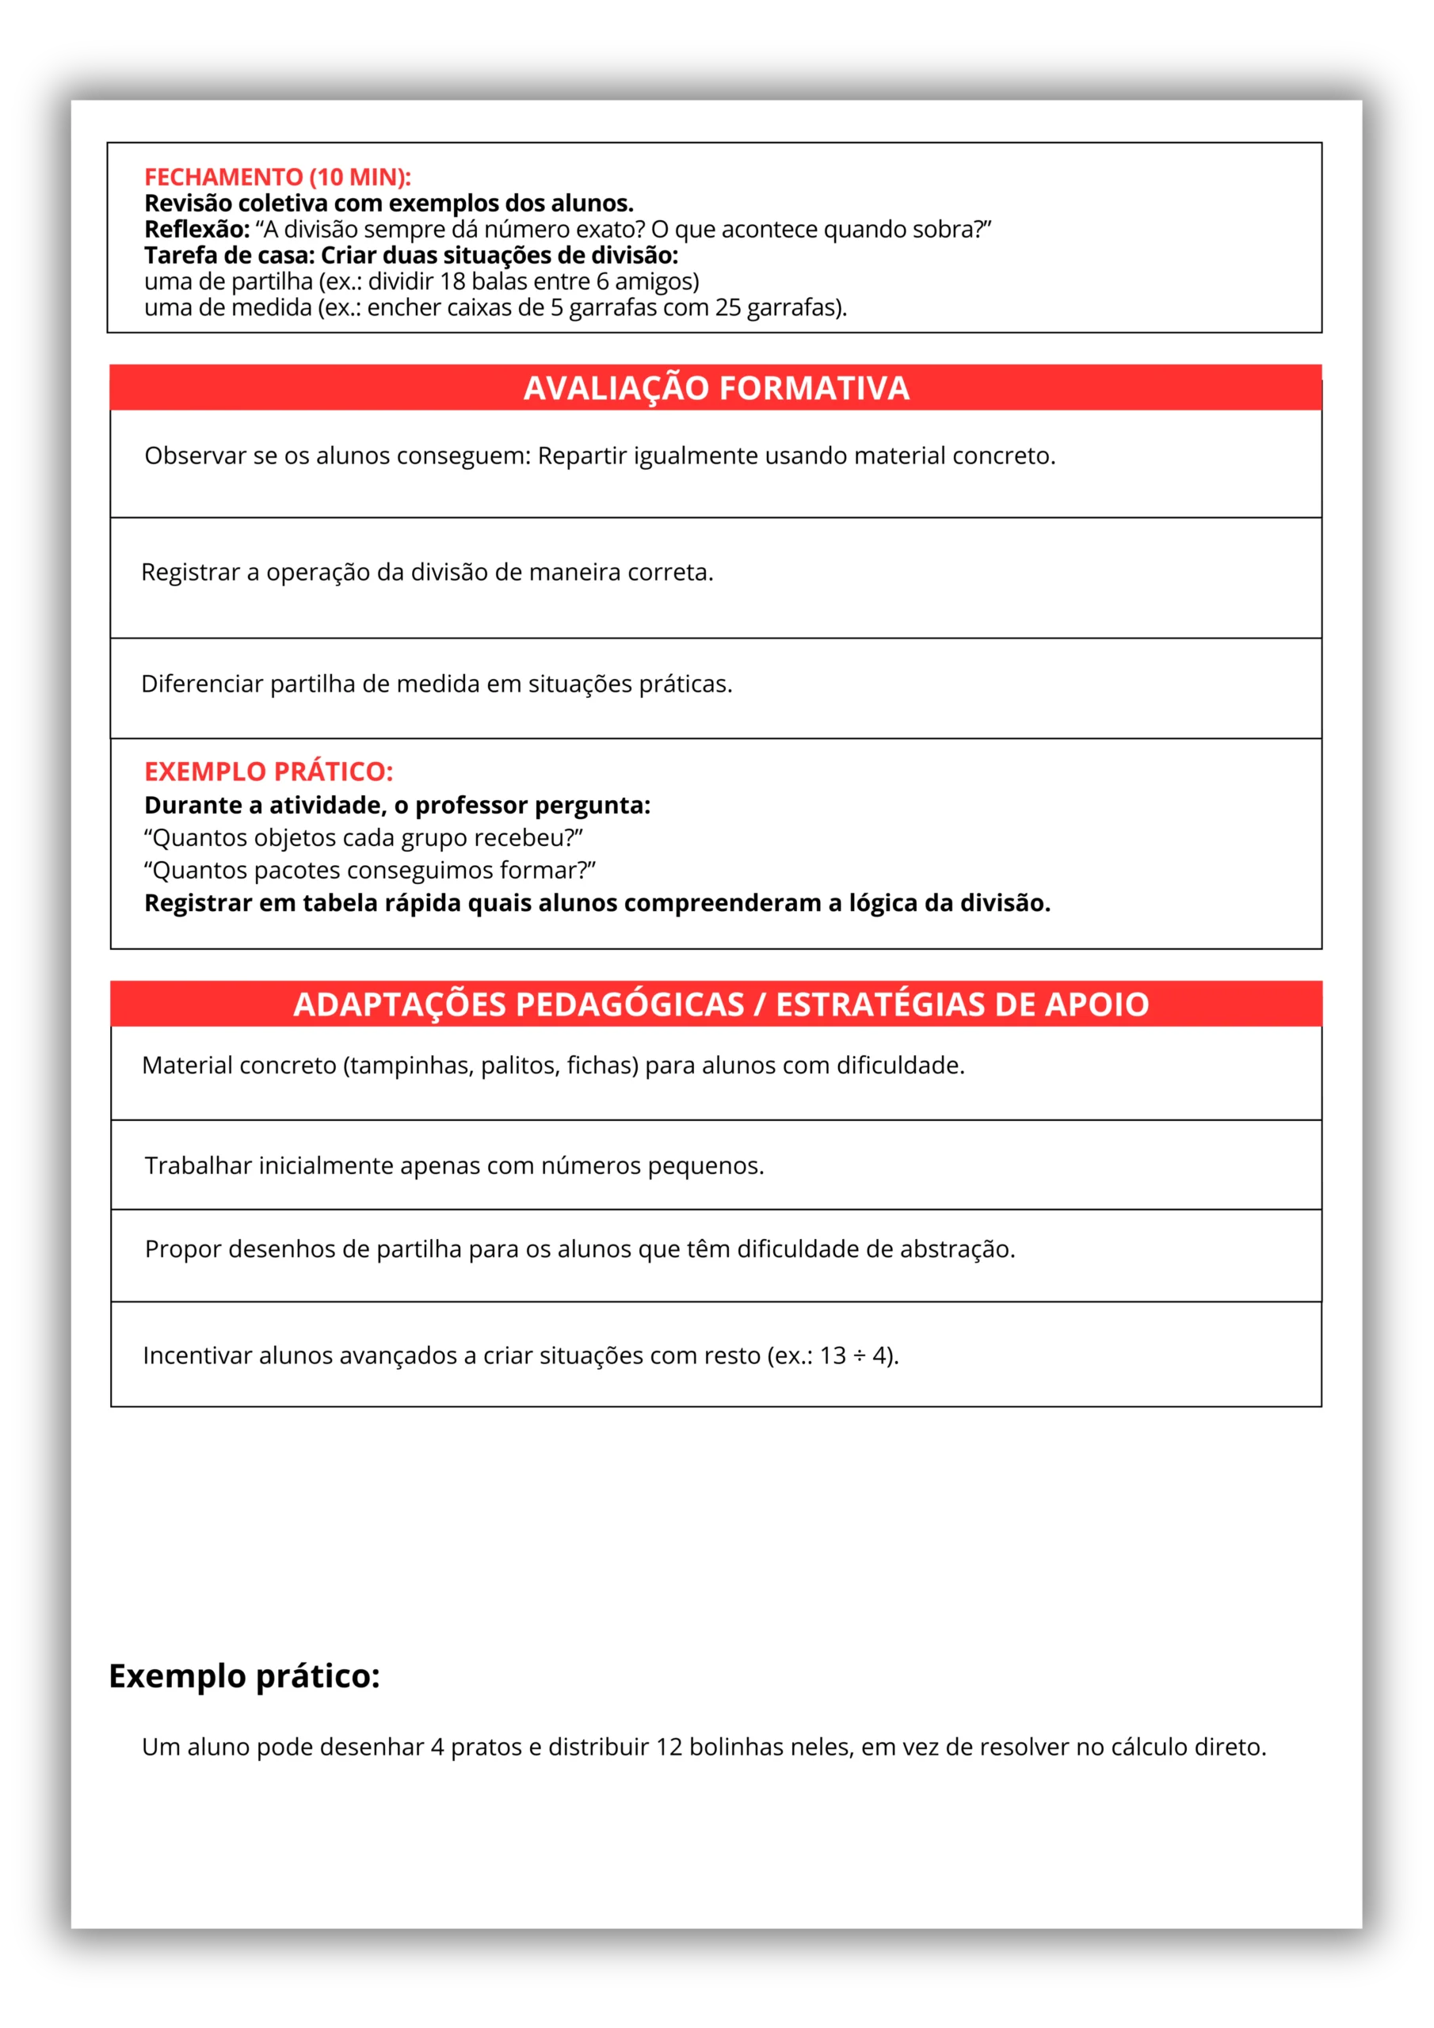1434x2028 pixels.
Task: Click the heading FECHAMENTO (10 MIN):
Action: (277, 177)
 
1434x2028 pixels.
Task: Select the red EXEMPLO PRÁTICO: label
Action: (269, 771)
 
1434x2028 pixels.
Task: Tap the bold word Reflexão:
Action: (197, 230)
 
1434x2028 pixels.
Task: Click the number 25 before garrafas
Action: (727, 307)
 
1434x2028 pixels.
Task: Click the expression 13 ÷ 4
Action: (856, 1355)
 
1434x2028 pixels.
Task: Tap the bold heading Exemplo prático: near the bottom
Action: (244, 1675)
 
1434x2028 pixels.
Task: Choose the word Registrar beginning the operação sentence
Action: (190, 573)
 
